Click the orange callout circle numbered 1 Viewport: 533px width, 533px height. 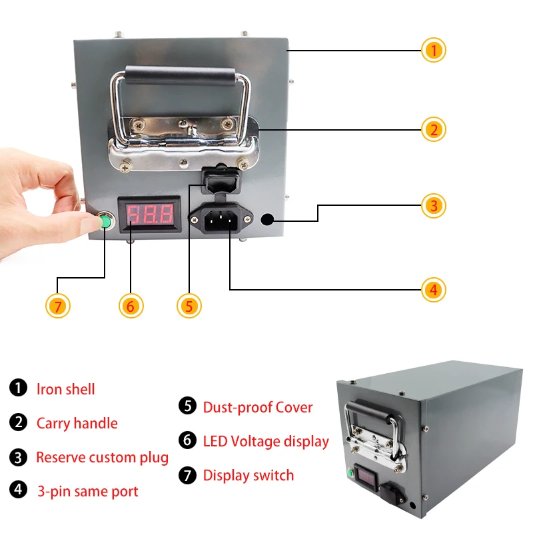point(433,50)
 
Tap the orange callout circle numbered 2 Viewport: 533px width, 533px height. point(433,129)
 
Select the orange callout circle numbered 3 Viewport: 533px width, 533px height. point(433,205)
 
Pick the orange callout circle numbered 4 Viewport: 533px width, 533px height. point(433,290)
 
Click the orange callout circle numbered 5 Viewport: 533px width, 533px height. point(189,306)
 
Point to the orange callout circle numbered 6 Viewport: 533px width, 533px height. point(131,306)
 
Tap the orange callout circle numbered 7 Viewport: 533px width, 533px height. point(58,306)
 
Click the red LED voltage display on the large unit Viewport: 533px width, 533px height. point(150,215)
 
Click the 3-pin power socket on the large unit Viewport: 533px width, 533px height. point(221,217)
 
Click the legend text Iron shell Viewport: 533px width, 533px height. point(65,389)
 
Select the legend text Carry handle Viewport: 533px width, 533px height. point(77,423)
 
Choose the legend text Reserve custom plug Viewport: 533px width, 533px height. point(102,458)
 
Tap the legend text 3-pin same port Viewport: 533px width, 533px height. point(87,492)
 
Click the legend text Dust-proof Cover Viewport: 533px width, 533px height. point(257,407)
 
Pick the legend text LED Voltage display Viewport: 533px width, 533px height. point(266,441)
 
